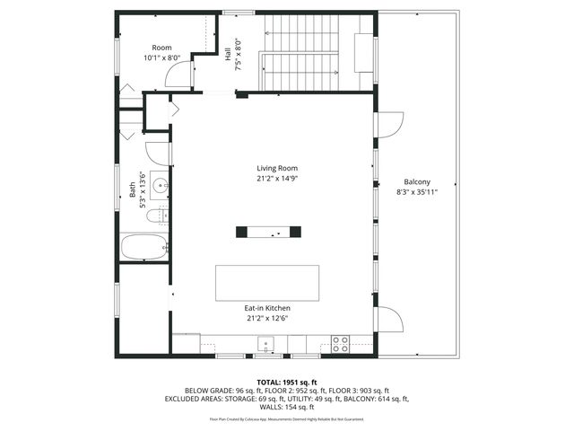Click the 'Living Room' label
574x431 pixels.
(x=277, y=168)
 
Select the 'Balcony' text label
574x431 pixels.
(x=417, y=180)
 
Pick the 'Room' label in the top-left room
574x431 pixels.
(x=161, y=48)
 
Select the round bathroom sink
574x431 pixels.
(x=159, y=187)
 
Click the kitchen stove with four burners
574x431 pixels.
(x=340, y=343)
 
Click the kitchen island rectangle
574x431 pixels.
(x=267, y=283)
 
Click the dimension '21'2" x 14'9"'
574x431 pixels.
(x=277, y=179)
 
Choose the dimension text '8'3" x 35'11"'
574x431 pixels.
(x=417, y=191)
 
